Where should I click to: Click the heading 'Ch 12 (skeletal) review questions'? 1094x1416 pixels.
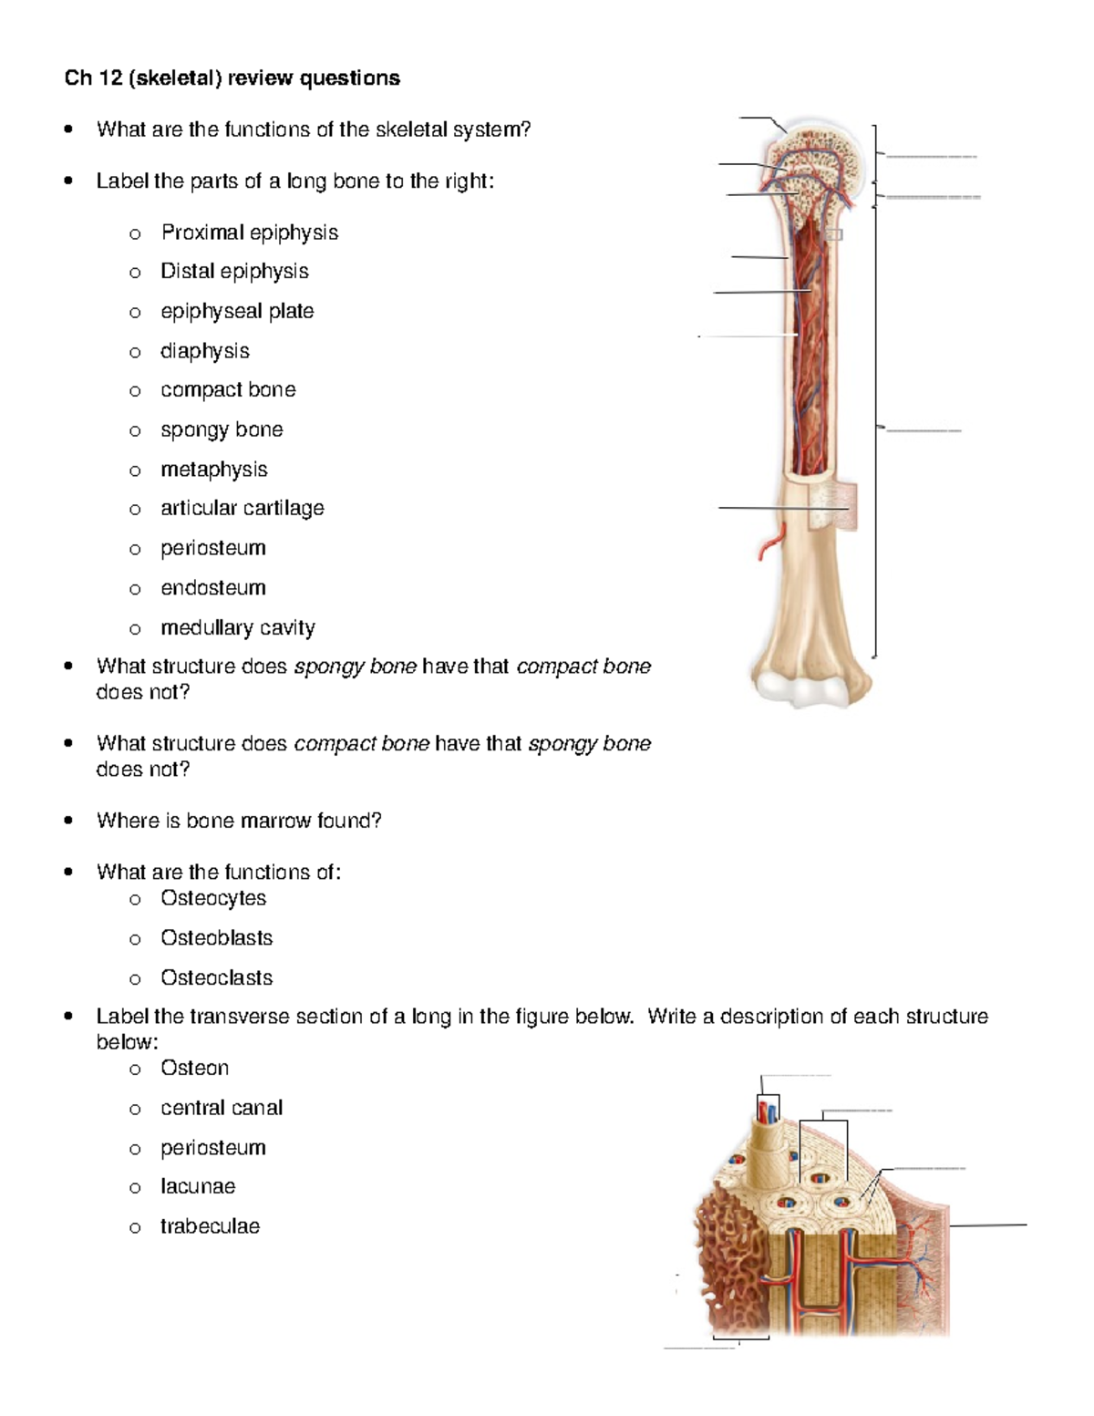232,78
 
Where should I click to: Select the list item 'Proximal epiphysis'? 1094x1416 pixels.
249,233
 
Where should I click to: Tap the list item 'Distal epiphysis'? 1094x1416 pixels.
234,272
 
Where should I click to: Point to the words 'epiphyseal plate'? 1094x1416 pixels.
237,311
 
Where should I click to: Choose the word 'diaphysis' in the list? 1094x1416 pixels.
204,351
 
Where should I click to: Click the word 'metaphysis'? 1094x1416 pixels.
213,470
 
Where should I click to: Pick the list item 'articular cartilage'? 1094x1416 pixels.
242,508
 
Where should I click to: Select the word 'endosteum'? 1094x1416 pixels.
212,588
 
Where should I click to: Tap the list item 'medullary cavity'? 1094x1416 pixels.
237,628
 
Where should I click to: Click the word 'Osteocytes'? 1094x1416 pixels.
212,898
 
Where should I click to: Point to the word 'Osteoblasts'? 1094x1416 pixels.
216,938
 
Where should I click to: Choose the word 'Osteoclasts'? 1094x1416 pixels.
216,978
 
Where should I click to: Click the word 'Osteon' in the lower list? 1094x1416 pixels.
194,1068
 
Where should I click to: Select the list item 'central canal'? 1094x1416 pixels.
221,1108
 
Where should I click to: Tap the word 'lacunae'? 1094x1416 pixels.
197,1186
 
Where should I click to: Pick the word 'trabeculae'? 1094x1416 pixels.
210,1226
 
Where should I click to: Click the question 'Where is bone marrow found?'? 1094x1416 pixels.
239,821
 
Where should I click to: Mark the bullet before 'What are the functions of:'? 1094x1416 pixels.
68,872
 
